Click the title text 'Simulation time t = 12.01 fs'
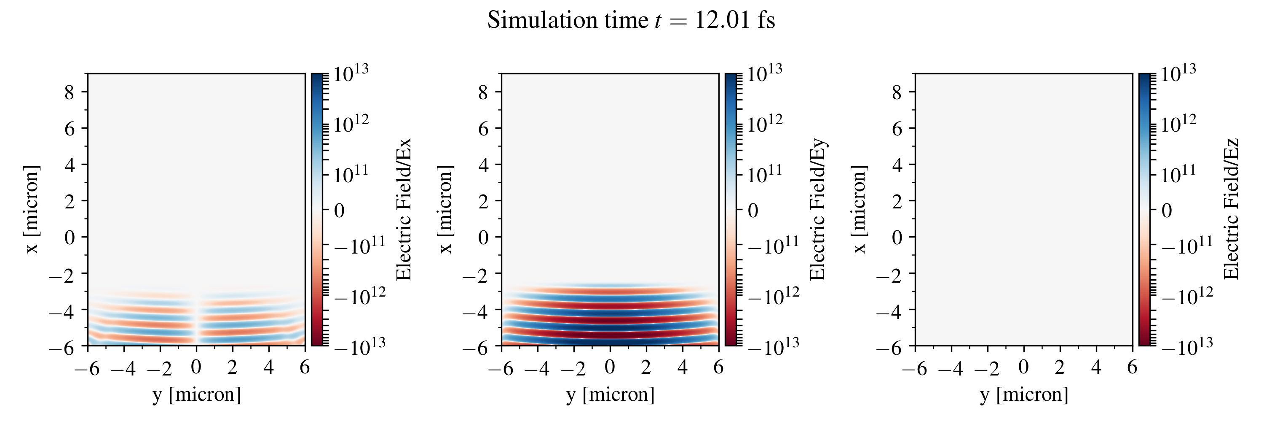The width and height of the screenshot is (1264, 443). pos(631,21)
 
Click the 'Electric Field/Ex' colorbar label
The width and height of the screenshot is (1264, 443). pos(403,210)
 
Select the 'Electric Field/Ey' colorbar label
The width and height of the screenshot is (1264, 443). pos(817,210)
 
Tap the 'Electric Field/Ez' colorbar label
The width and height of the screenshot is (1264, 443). pos(1231,210)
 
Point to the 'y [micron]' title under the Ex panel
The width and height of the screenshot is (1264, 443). pos(197,394)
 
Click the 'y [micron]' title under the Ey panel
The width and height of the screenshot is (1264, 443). pos(611,394)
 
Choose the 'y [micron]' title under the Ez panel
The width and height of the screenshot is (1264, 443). pos(1024,394)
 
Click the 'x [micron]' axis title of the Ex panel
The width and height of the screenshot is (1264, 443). pos(32,210)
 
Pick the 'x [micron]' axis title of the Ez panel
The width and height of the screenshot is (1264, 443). pos(859,210)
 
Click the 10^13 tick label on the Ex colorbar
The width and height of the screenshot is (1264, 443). pos(351,74)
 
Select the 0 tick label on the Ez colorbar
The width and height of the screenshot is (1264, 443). pos(1167,211)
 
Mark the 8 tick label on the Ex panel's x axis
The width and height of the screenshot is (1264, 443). pos(69,92)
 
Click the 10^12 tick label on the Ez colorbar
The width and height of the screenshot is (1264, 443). pos(1178,124)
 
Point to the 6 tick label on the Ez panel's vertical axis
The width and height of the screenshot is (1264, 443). pos(897,129)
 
